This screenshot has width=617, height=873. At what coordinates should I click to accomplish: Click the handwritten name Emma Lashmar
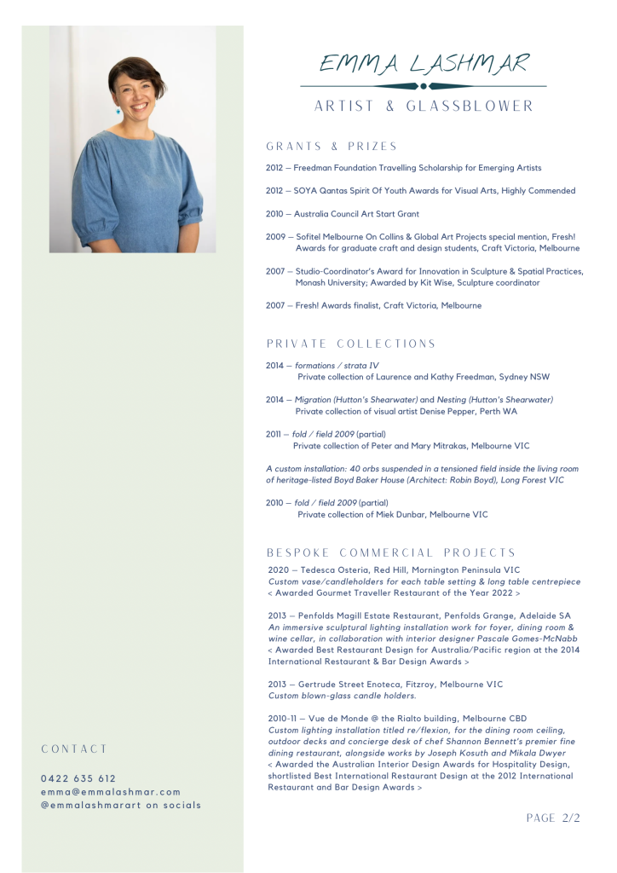424,63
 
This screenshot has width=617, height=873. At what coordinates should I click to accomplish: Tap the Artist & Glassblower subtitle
424,107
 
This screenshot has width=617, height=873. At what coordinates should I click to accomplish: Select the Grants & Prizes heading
332,146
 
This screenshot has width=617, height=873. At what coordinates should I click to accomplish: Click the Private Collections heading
351,344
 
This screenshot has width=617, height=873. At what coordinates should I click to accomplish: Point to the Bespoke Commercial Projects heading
392,552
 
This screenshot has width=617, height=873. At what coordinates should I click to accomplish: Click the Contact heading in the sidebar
75,749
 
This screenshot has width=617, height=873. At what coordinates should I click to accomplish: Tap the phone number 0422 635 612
78,778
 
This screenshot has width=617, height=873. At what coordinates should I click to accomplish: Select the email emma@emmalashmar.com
111,791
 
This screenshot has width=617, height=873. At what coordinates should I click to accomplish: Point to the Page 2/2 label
553,818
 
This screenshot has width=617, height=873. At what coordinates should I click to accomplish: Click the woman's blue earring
118,111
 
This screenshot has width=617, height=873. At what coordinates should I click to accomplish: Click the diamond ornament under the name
424,86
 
